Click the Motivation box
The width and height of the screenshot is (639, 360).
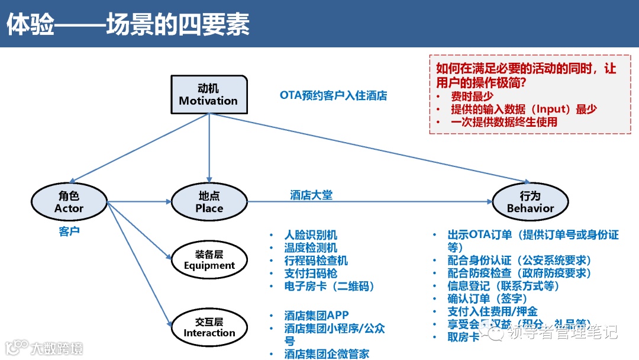(208, 95)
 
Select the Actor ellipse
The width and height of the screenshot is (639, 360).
(69, 202)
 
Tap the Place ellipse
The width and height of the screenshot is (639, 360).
(209, 202)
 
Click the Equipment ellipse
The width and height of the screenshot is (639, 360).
(209, 259)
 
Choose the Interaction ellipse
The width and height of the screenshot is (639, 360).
(209, 327)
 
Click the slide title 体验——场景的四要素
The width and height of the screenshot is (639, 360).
(128, 25)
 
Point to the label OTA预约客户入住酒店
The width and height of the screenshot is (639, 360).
(333, 95)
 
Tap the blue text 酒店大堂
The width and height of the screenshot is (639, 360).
(311, 195)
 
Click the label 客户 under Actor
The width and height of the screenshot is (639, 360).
(69, 231)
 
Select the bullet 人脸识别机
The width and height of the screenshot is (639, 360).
(311, 235)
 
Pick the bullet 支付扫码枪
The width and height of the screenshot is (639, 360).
(311, 274)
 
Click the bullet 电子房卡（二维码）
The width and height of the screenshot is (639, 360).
(330, 287)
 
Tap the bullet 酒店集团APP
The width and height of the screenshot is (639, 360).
(317, 316)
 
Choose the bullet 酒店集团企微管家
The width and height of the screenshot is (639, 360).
(327, 353)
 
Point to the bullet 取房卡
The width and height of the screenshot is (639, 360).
(463, 337)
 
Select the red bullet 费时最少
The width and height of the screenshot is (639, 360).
(472, 96)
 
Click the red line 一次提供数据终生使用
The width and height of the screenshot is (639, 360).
(504, 122)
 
